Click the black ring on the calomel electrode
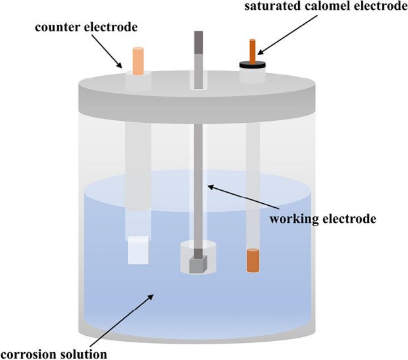pyautogui.click(x=252, y=64)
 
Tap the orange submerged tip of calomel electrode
pyautogui.click(x=252, y=261)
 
